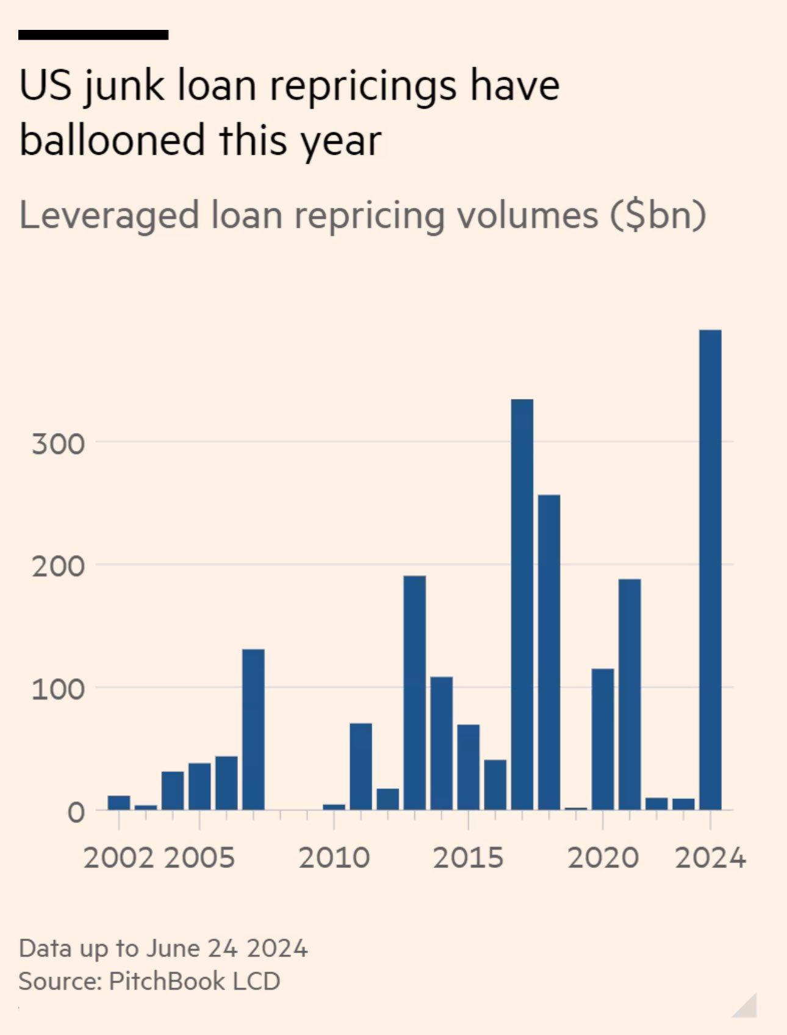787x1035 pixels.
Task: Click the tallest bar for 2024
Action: pos(710,570)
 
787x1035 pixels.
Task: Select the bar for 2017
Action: pos(522,604)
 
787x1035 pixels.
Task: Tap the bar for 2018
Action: pos(549,652)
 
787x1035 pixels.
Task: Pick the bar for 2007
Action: pos(253,729)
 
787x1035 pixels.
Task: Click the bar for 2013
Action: pos(415,693)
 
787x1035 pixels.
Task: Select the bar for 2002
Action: pos(119,803)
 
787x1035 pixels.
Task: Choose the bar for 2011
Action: pos(361,767)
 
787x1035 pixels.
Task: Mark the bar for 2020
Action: pos(603,739)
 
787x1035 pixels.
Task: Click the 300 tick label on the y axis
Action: pos(59,443)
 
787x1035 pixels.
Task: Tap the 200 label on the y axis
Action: pos(59,567)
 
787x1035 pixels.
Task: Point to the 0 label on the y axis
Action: pos(76,812)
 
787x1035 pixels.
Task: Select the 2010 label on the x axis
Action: pos(334,858)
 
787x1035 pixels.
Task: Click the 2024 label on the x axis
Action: pos(710,858)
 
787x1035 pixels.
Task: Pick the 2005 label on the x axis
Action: pos(199,858)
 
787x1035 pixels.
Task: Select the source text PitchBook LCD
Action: pos(194,981)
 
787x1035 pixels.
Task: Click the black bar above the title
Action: pos(93,35)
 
